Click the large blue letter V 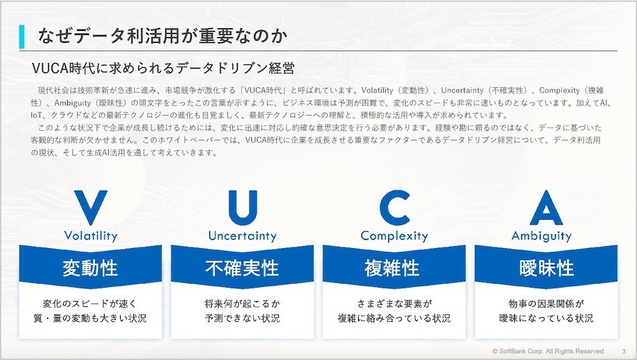(x=91, y=207)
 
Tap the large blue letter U (x=243, y=207)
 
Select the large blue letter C (x=394, y=207)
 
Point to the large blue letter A (x=546, y=207)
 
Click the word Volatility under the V (x=91, y=236)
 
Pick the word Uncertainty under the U (x=243, y=236)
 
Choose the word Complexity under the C (x=394, y=236)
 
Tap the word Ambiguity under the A (x=542, y=236)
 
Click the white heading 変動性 (x=91, y=268)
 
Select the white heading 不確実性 (x=242, y=268)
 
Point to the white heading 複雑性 (x=392, y=268)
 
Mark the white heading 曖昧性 (x=546, y=268)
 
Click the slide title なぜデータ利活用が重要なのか (x=162, y=36)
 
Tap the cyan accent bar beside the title (x=21, y=37)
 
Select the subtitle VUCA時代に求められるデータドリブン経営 (x=163, y=68)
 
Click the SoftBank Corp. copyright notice (x=548, y=351)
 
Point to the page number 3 (x=624, y=351)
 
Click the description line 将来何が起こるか (x=242, y=304)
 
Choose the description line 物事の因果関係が (x=546, y=304)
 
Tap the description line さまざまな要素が (x=394, y=304)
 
